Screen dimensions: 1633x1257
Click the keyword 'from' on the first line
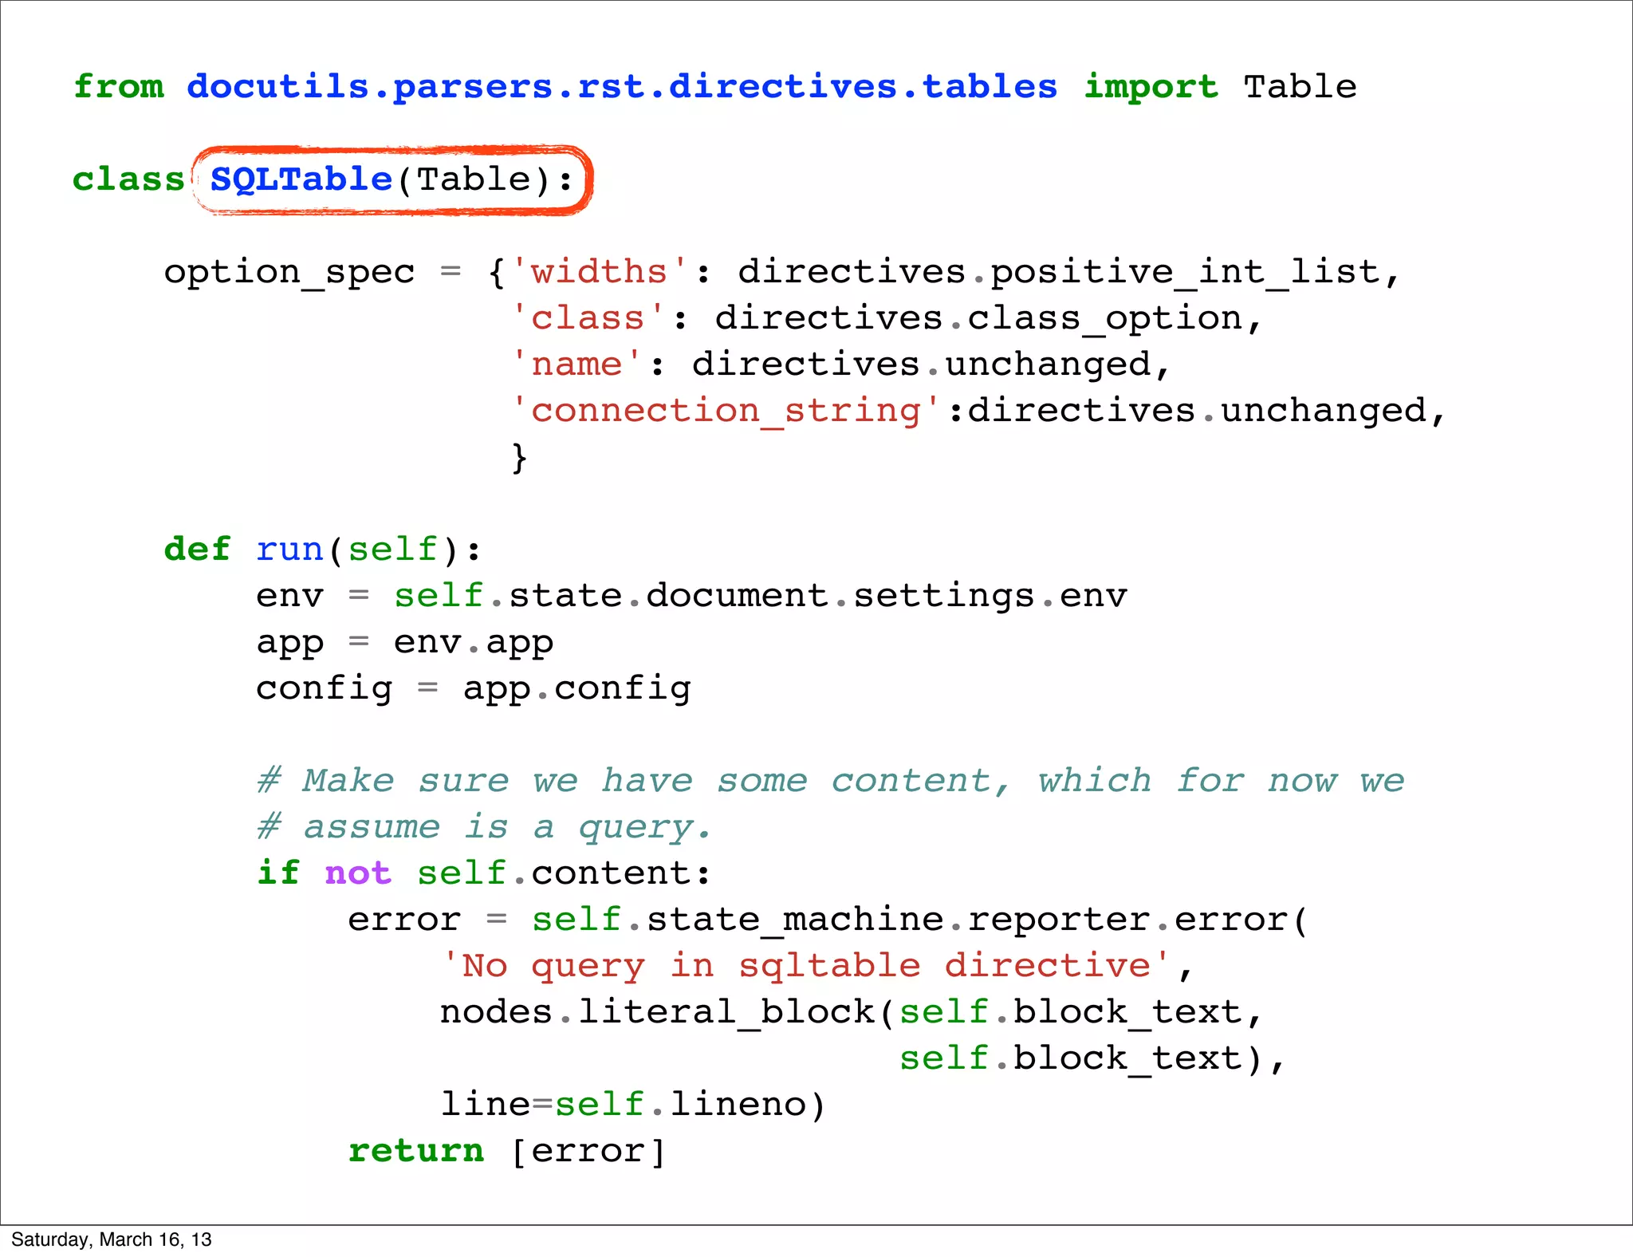119,87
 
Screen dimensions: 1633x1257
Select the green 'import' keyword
1151,87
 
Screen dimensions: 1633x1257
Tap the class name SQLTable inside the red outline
301,179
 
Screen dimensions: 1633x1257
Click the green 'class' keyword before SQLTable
128,179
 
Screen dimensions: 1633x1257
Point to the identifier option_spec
289,273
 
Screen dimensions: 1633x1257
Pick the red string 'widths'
599,273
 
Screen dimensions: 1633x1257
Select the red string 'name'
576,365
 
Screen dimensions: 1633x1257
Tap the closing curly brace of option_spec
519,458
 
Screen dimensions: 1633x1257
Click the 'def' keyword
197,550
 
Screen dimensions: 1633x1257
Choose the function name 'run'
289,550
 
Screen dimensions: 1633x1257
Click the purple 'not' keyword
358,873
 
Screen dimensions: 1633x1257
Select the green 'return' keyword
416,1151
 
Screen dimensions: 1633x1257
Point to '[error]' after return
588,1151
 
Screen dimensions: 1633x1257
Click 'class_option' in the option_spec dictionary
1104,319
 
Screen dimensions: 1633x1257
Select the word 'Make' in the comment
348,781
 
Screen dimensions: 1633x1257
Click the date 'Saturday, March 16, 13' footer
112,1239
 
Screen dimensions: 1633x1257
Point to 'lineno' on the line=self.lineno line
738,1105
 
